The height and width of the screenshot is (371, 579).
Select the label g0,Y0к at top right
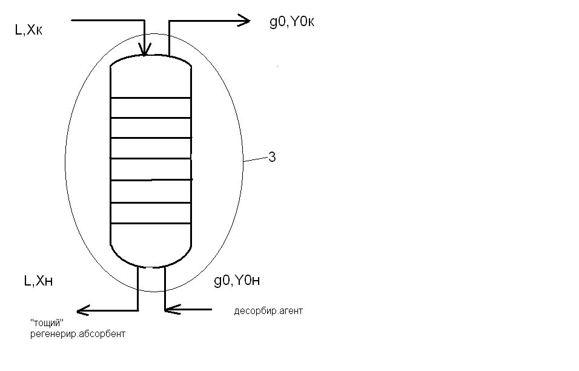point(291,22)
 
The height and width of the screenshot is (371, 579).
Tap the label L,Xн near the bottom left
point(42,280)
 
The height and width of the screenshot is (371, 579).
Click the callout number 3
point(272,158)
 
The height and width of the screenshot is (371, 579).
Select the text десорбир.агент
point(268,311)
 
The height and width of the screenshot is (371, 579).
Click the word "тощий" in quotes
point(47,323)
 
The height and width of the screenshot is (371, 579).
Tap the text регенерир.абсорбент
point(77,334)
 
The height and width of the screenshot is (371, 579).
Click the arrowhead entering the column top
point(145,50)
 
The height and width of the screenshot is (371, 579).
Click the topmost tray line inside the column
point(151,98)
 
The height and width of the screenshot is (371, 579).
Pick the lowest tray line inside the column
point(151,224)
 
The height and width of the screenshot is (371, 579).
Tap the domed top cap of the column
point(151,61)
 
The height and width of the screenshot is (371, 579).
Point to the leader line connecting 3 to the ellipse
point(255,159)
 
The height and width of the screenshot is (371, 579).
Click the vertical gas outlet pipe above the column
point(169,38)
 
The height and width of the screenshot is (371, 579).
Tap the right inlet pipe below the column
point(165,288)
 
